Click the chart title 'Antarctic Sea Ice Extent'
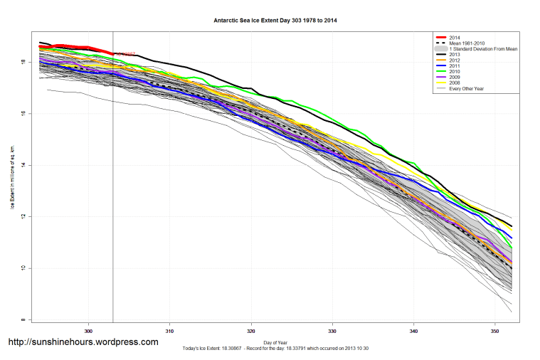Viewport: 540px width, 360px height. tap(275, 21)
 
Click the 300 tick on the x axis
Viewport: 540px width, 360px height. tap(89, 331)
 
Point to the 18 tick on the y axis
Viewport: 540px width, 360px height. tap(23, 63)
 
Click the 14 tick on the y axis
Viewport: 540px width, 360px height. tap(23, 165)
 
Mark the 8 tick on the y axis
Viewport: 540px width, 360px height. tap(23, 319)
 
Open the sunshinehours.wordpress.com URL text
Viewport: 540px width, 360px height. tap(83, 342)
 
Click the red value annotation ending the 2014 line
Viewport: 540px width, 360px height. tap(125, 54)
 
